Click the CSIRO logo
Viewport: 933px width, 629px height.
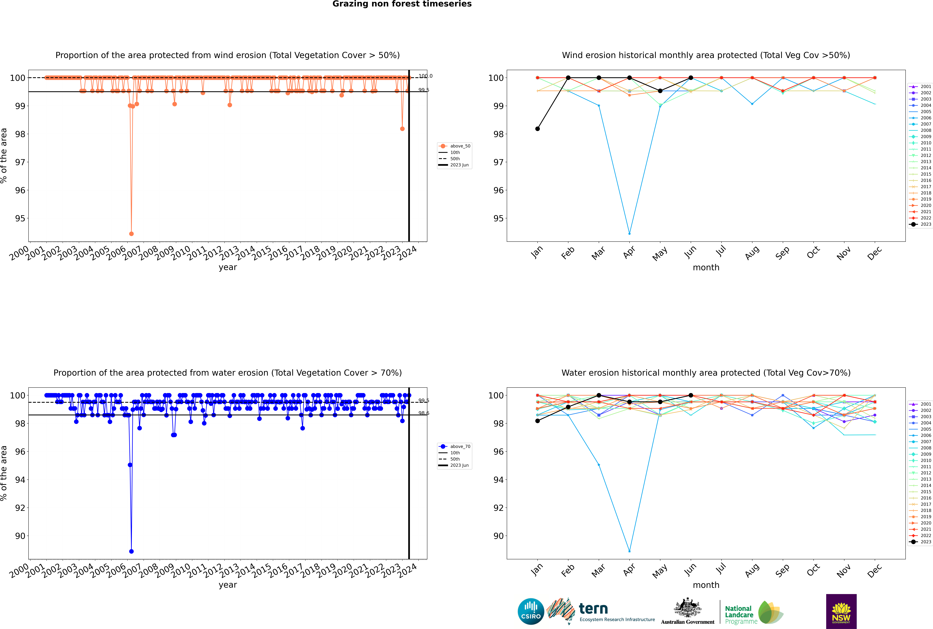pos(531,611)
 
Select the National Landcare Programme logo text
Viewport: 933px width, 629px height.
pos(741,615)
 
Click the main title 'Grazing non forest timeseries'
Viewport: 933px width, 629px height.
pos(402,4)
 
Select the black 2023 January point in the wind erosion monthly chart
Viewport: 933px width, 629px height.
pos(538,129)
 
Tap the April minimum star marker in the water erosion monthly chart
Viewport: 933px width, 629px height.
pos(629,551)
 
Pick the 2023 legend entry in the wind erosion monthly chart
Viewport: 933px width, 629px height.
pos(921,224)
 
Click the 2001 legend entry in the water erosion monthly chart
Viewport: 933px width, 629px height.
pos(921,404)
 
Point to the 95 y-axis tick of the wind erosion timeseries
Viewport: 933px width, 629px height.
pos(20,219)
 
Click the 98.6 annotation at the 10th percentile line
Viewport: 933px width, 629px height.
pos(424,413)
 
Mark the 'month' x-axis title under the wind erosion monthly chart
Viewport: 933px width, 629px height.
pos(706,268)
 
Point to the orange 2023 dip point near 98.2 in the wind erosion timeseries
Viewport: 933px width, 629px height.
pos(402,129)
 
